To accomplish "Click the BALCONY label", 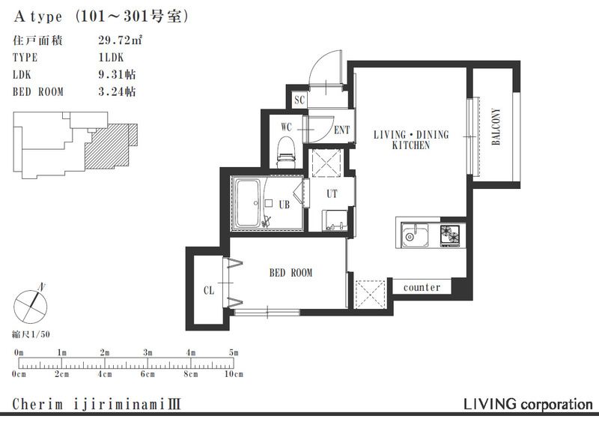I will (x=496, y=127).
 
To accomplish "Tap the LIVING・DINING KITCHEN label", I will (x=410, y=140).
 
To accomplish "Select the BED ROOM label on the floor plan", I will (x=291, y=273).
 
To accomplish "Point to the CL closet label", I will (x=209, y=290).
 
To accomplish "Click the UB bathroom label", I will (x=285, y=204).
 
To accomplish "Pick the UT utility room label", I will (x=332, y=193).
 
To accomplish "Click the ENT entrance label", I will (x=341, y=130).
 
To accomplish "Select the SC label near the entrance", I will (x=299, y=100).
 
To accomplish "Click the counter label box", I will (x=422, y=287).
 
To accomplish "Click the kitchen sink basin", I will (x=414, y=237).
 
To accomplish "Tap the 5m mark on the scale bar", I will (x=234, y=352).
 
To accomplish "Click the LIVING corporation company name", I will (x=528, y=404).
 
